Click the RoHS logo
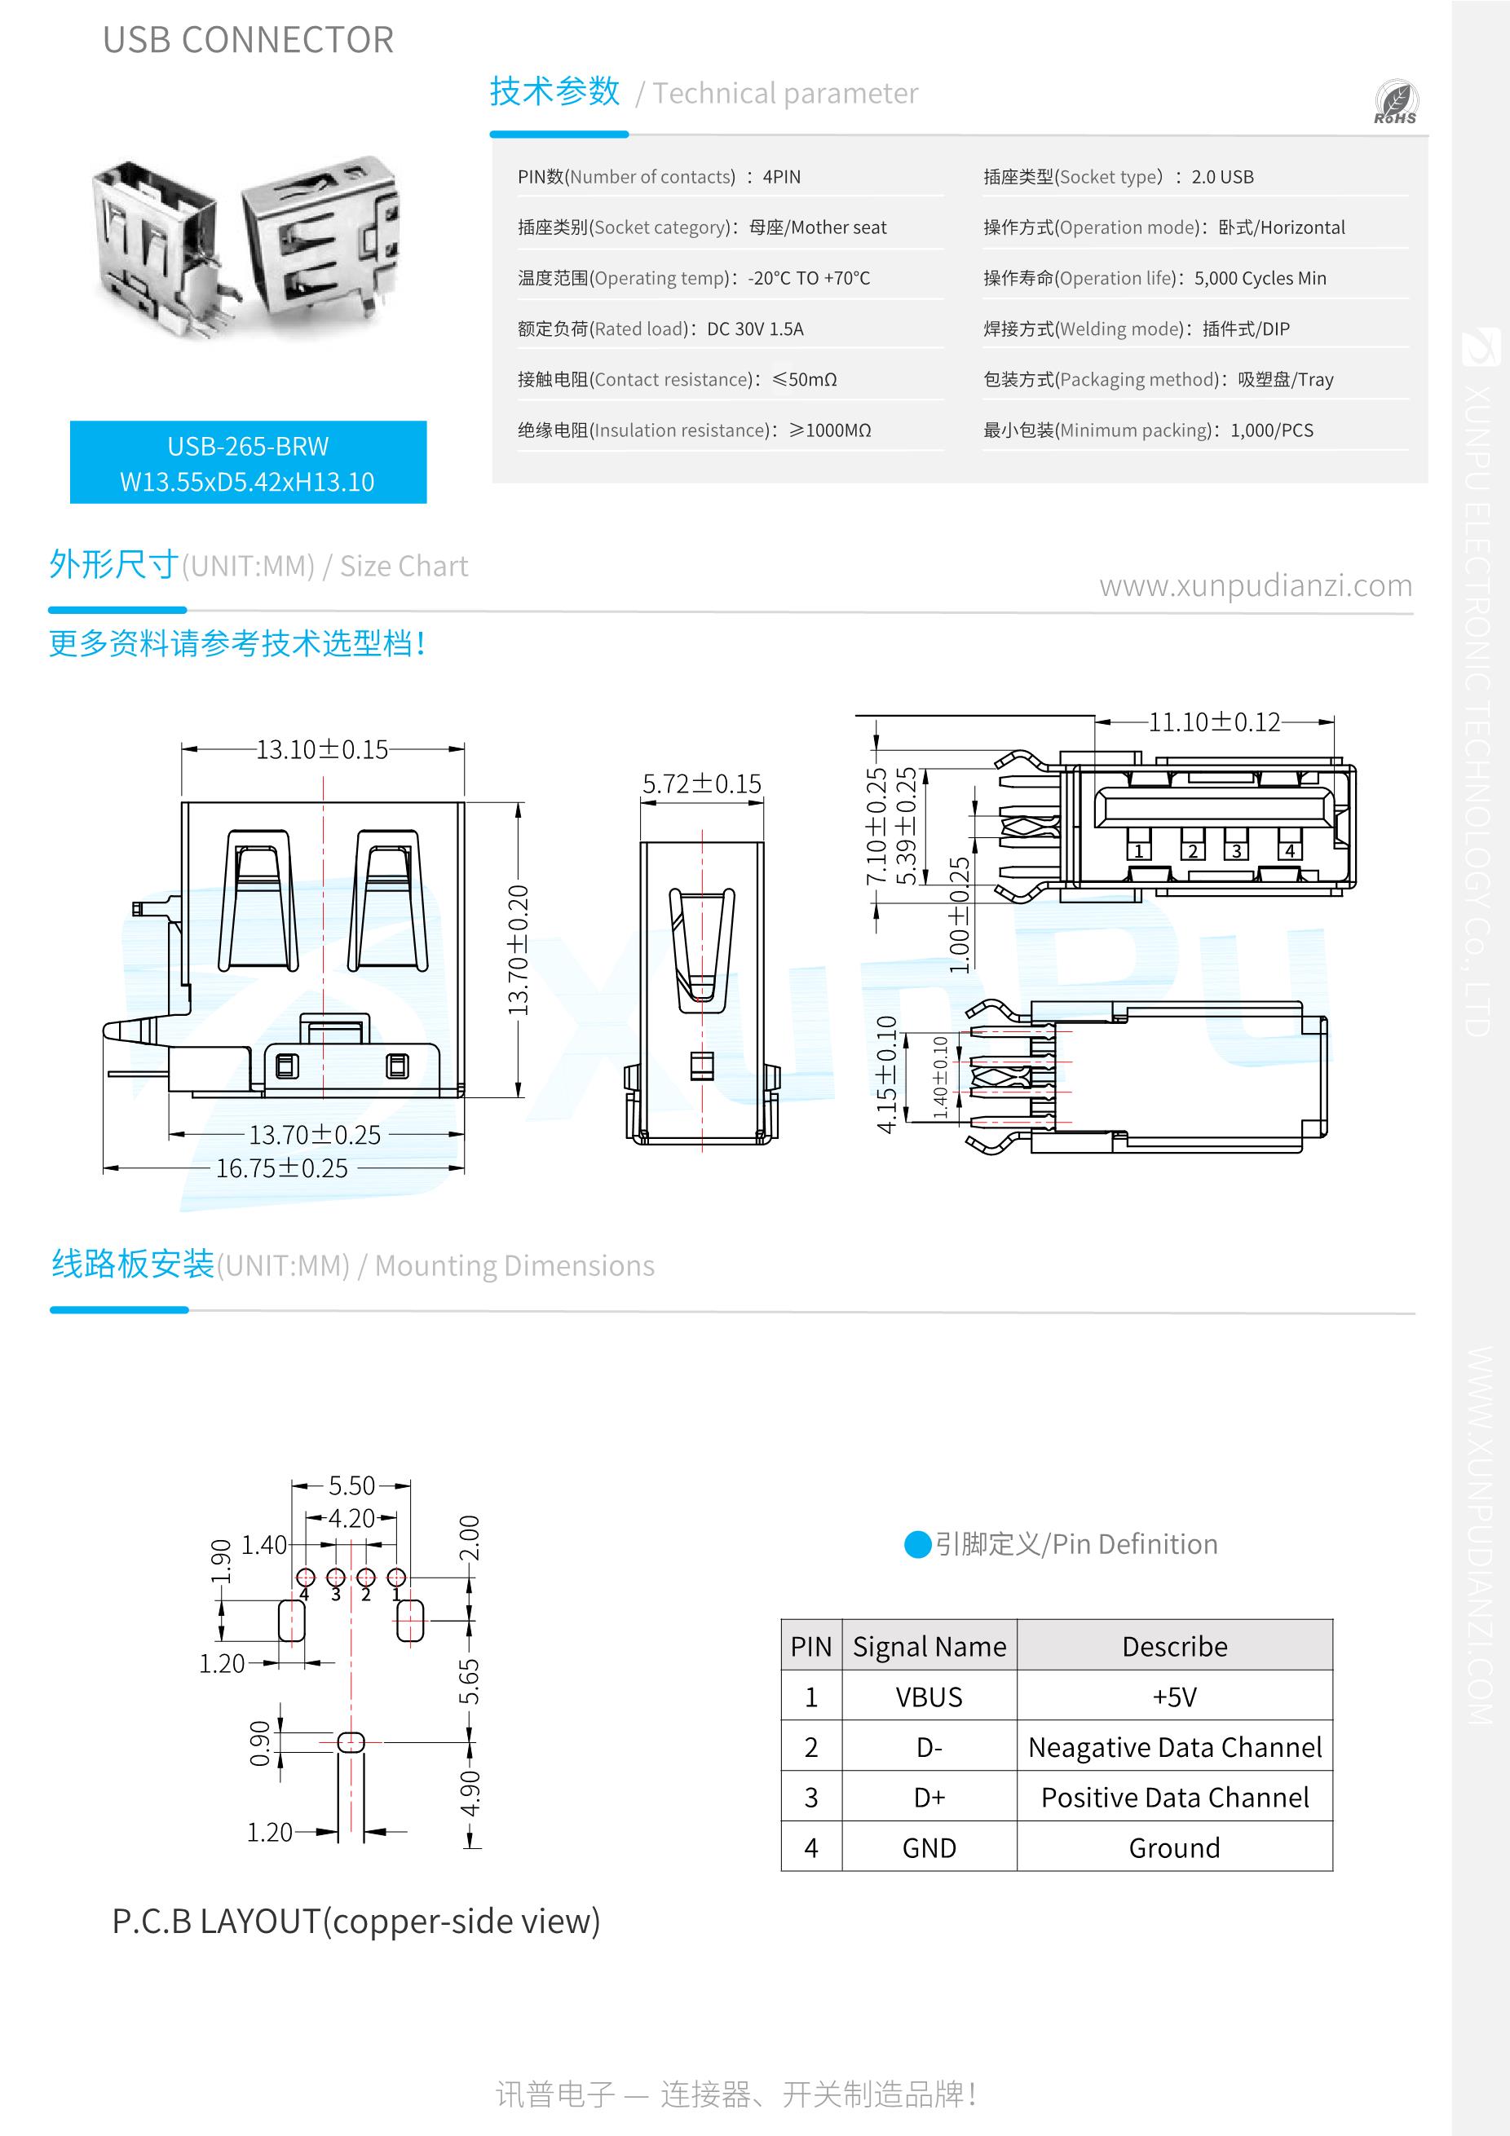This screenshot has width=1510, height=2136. pyautogui.click(x=1396, y=104)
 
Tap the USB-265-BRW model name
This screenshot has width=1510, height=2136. pyautogui.click(x=248, y=447)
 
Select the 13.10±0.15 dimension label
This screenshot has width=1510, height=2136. pyautogui.click(x=322, y=750)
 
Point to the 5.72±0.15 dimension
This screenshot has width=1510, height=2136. pyautogui.click(x=701, y=784)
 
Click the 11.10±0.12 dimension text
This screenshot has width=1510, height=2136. pyautogui.click(x=1214, y=722)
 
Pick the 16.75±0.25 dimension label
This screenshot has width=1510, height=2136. pyautogui.click(x=282, y=1168)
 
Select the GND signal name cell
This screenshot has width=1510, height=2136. pyautogui.click(x=929, y=1848)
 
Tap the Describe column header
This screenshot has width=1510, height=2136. pyautogui.click(x=1174, y=1647)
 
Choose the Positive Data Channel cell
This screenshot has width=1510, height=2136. pyautogui.click(x=1174, y=1798)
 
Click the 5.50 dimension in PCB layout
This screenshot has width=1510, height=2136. pyautogui.click(x=351, y=1485)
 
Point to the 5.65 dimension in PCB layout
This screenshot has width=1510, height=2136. pyautogui.click(x=470, y=1682)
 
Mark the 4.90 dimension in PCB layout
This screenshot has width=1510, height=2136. pyautogui.click(x=470, y=1793)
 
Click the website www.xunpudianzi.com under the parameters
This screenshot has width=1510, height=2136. pyautogui.click(x=1255, y=586)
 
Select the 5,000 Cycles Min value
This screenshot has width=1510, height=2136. pyautogui.click(x=1260, y=278)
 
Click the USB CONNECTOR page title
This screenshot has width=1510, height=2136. pyautogui.click(x=249, y=41)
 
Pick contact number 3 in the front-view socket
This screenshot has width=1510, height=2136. pyautogui.click(x=1237, y=850)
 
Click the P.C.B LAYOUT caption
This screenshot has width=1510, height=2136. pyautogui.click(x=355, y=1921)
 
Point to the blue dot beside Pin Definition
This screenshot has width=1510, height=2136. pyautogui.click(x=917, y=1544)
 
